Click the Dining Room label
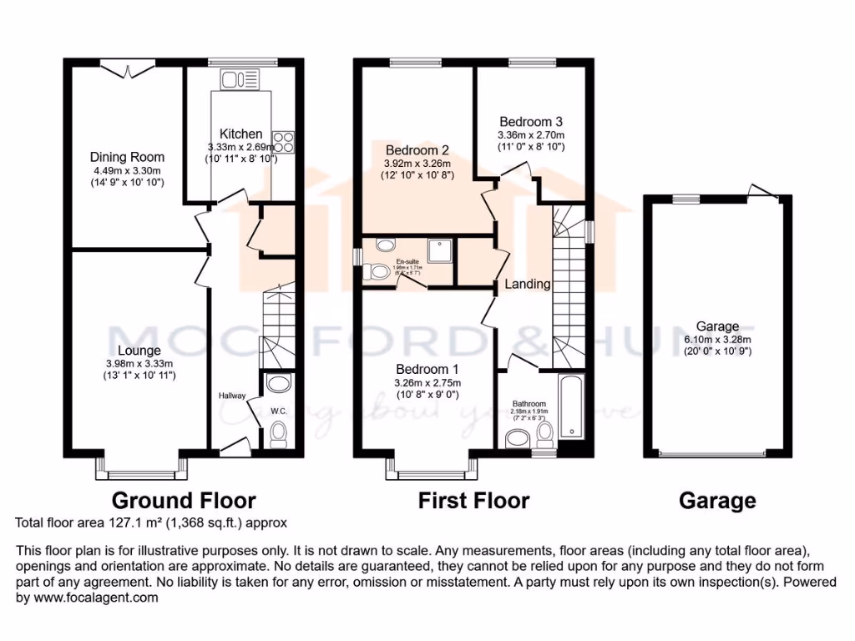128,157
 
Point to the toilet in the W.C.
278,433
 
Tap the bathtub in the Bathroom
572,407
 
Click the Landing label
528,284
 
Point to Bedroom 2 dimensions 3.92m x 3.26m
417,164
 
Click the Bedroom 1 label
427,370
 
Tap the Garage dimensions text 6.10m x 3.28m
718,340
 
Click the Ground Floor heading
184,501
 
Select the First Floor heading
473,501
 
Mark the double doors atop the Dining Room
128,71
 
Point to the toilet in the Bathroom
545,432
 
